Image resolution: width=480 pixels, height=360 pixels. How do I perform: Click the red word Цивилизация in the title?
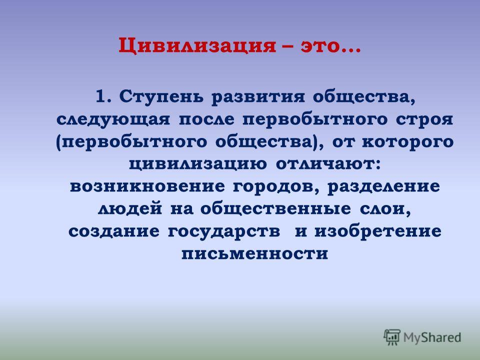pyautogui.click(x=197, y=46)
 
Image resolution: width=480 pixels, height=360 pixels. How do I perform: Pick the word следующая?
pyautogui.click(x=113, y=120)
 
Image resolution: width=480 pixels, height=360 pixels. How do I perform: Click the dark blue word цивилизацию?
pyautogui.click(x=198, y=164)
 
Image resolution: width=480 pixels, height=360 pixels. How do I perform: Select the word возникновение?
pyautogui.click(x=147, y=186)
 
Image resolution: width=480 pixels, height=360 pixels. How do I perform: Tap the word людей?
pyautogui.click(x=130, y=209)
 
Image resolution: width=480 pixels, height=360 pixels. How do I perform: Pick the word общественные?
pyautogui.click(x=276, y=209)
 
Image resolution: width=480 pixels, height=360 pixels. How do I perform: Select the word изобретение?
pyautogui.click(x=378, y=231)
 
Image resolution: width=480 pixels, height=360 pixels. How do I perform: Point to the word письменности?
pyautogui.click(x=254, y=254)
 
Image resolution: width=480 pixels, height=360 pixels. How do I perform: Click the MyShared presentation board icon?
pyautogui.click(x=392, y=337)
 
